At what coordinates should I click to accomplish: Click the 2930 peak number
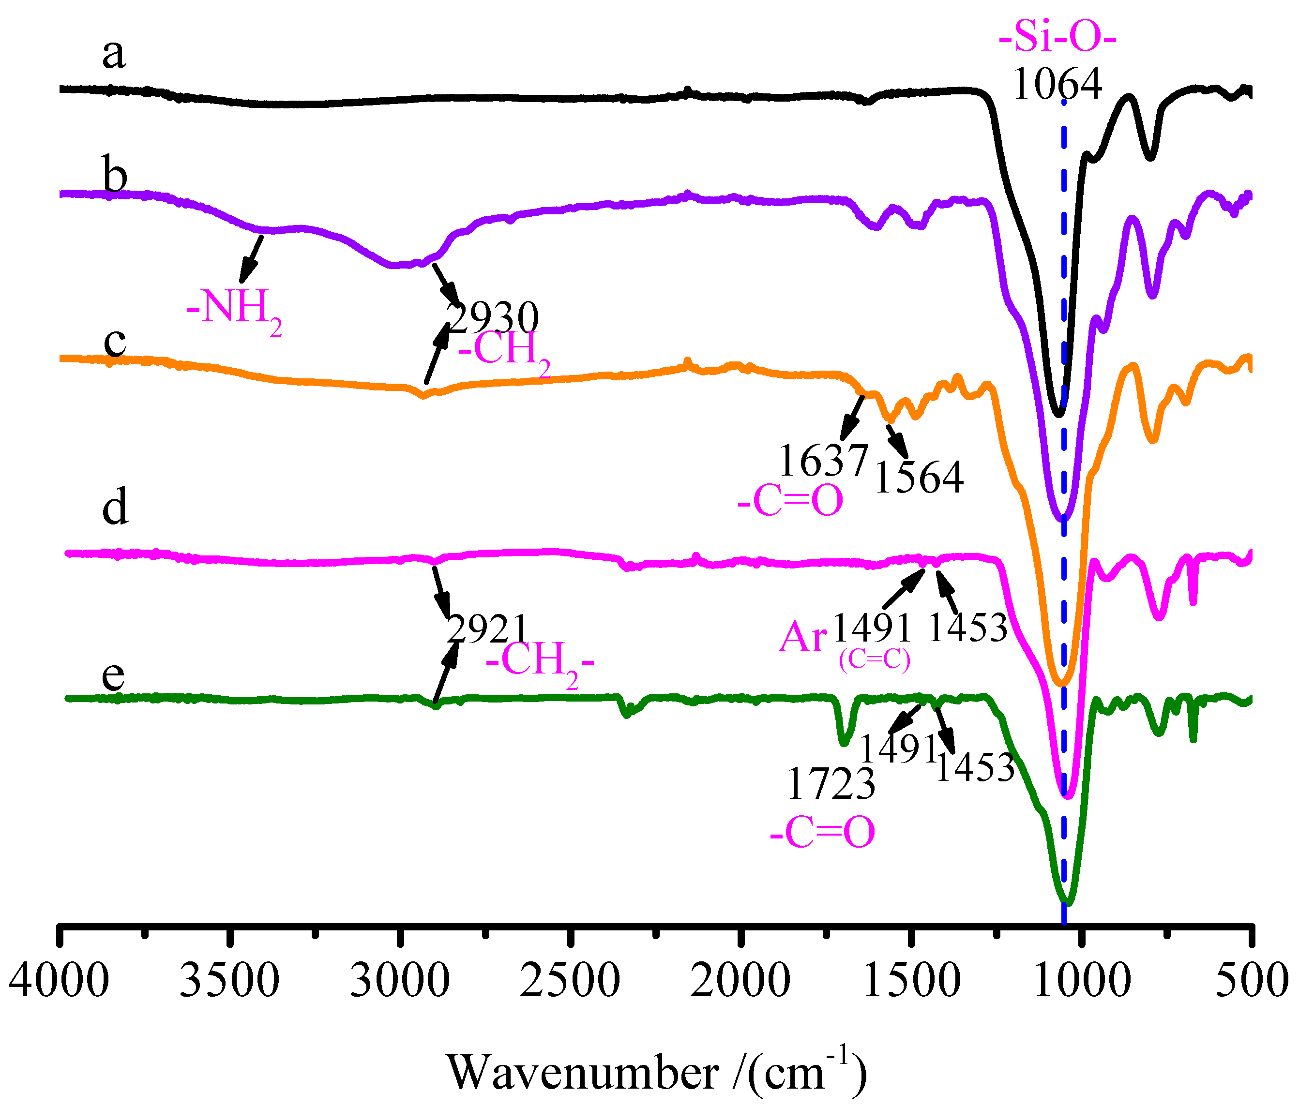click(493, 318)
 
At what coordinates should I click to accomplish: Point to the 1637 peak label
click(823, 461)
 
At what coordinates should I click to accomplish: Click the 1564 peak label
click(919, 479)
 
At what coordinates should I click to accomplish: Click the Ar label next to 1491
click(803, 639)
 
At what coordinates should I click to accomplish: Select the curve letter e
click(113, 676)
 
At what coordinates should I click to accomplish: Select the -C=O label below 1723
click(822, 833)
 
